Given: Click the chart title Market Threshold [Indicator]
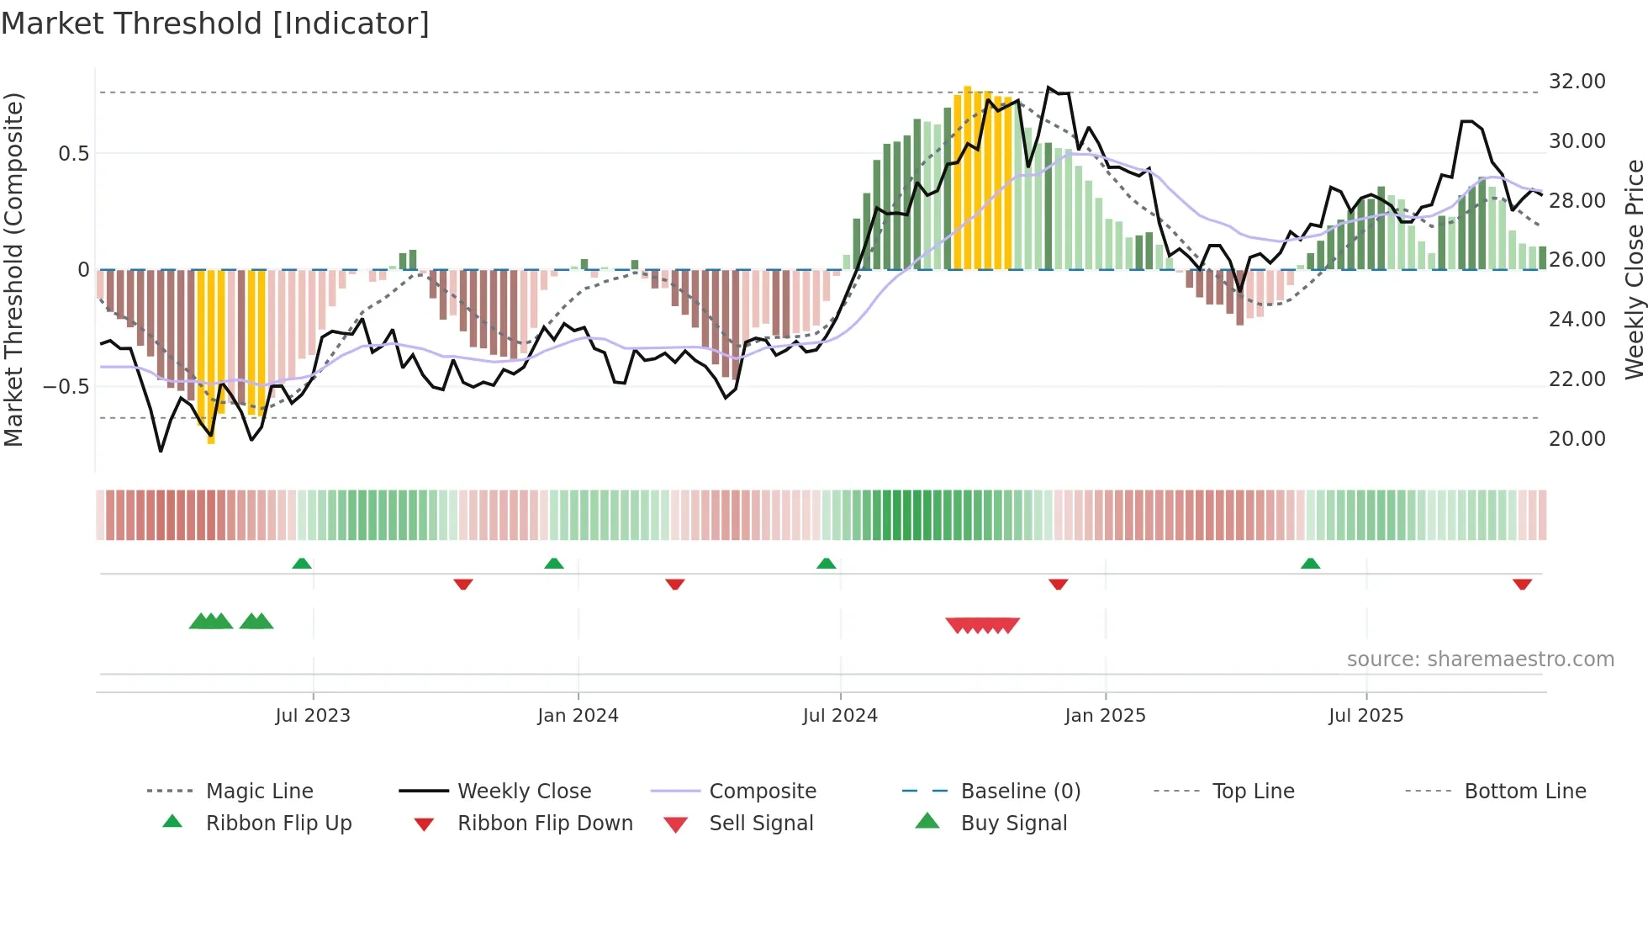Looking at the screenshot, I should (x=215, y=24).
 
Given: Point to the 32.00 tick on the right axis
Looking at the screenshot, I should (x=1577, y=82).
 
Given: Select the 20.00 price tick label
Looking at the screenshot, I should (x=1577, y=439).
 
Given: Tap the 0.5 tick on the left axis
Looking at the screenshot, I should (x=73, y=154).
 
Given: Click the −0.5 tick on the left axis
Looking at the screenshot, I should (x=66, y=387).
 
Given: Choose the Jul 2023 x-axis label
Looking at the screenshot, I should (x=313, y=716).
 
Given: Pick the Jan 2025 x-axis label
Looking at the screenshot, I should (x=1105, y=716).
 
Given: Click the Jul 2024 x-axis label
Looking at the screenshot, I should (x=840, y=716).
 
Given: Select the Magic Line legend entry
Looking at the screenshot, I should (x=259, y=792).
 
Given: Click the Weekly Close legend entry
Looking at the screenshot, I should (x=524, y=792).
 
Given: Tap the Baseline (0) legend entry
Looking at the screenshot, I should (x=1020, y=792).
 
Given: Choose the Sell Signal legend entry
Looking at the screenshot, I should (x=761, y=824).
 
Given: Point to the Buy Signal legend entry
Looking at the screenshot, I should (x=1013, y=824).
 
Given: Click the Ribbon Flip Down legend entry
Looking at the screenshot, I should (x=545, y=824).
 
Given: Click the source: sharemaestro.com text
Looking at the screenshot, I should (x=1480, y=659).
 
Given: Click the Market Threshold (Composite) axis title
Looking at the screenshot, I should (x=13, y=269).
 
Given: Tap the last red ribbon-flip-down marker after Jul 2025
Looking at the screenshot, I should (x=1522, y=584).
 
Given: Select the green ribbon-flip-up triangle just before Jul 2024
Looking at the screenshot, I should (x=827, y=564).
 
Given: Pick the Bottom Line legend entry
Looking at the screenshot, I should (x=1524, y=792).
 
